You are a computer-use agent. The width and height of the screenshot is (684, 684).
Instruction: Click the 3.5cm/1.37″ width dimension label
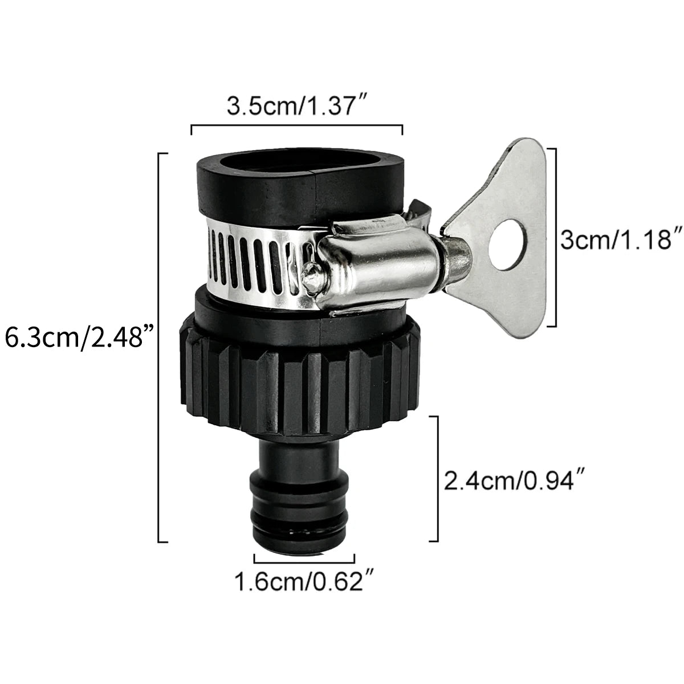(296, 107)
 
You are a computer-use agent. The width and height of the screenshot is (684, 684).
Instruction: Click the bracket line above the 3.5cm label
(296, 127)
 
